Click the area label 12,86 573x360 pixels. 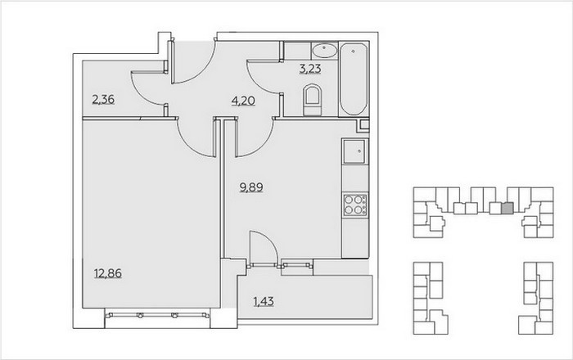point(108,273)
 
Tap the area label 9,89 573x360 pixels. point(251,187)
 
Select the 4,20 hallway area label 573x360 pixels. point(243,101)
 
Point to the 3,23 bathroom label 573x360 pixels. point(310,69)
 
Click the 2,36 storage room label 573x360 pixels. point(103,99)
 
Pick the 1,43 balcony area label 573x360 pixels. point(264,302)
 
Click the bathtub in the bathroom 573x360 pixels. point(354,79)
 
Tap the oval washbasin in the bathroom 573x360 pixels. point(324,51)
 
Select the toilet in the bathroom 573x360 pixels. point(313,99)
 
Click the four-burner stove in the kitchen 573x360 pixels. point(355,205)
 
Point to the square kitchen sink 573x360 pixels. point(354,151)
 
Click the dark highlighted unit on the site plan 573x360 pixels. point(508,209)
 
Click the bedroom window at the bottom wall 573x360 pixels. point(157,315)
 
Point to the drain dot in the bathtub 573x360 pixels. point(353,52)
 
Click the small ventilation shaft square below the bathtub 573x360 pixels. point(364,125)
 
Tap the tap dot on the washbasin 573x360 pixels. point(324,47)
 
